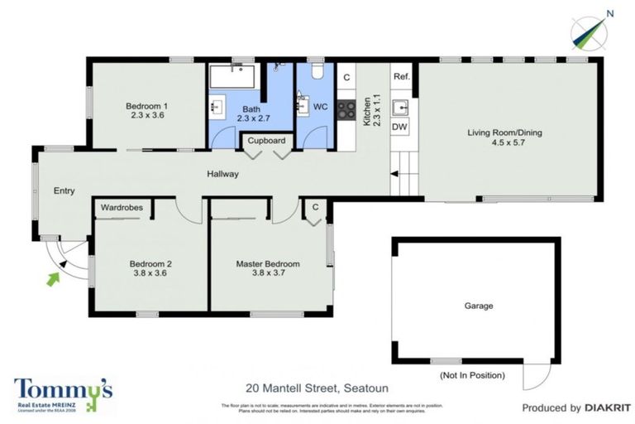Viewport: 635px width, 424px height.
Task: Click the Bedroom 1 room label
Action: (x=147, y=106)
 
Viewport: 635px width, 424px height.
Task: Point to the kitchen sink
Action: (x=400, y=106)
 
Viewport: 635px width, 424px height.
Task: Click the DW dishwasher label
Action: (x=400, y=127)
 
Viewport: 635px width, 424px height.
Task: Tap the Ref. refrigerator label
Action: (x=402, y=77)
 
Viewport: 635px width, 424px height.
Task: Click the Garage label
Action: (x=478, y=306)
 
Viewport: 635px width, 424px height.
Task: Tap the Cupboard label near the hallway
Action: (x=265, y=141)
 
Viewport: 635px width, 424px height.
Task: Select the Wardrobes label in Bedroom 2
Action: (x=122, y=207)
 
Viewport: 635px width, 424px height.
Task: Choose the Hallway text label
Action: (x=223, y=174)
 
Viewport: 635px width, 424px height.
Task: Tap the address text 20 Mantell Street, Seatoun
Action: (x=317, y=388)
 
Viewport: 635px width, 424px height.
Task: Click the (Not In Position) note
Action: (x=471, y=375)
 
